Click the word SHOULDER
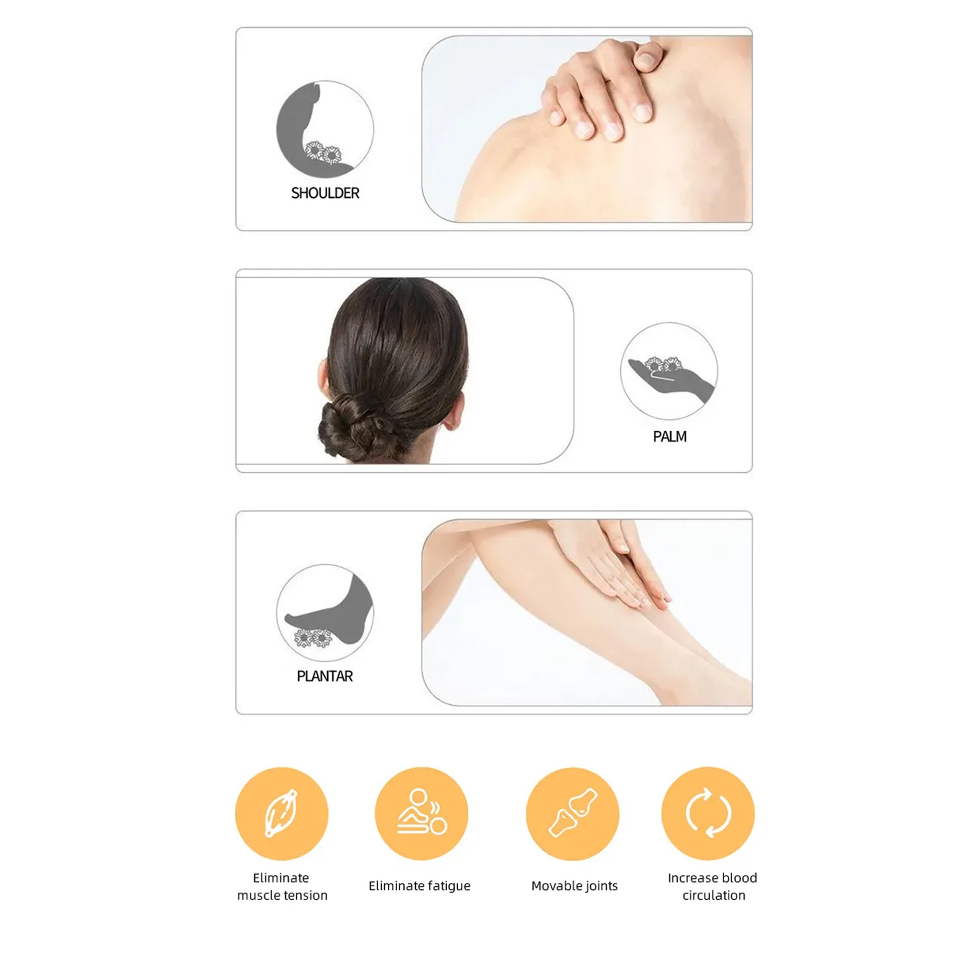click(x=325, y=193)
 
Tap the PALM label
click(x=670, y=436)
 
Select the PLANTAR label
click(x=325, y=676)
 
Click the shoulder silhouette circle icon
click(x=325, y=129)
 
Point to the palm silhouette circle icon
click(x=669, y=371)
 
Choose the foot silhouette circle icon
click(x=325, y=613)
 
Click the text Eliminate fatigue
click(x=419, y=886)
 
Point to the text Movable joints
click(x=574, y=886)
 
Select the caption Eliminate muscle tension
click(x=282, y=886)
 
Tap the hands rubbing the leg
click(x=614, y=564)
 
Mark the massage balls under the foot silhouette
click(x=313, y=638)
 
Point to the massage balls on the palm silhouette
click(x=663, y=365)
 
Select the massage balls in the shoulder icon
click(x=323, y=153)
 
